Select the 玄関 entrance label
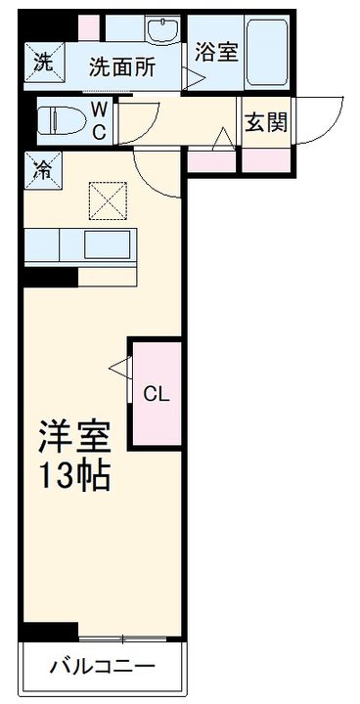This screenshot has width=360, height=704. (x=264, y=123)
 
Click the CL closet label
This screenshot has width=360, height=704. (x=157, y=395)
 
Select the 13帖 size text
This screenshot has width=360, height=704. (x=74, y=477)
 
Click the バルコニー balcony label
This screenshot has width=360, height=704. (x=101, y=670)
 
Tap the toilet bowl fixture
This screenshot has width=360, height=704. (x=59, y=121)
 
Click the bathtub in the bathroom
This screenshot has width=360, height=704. (x=265, y=54)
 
